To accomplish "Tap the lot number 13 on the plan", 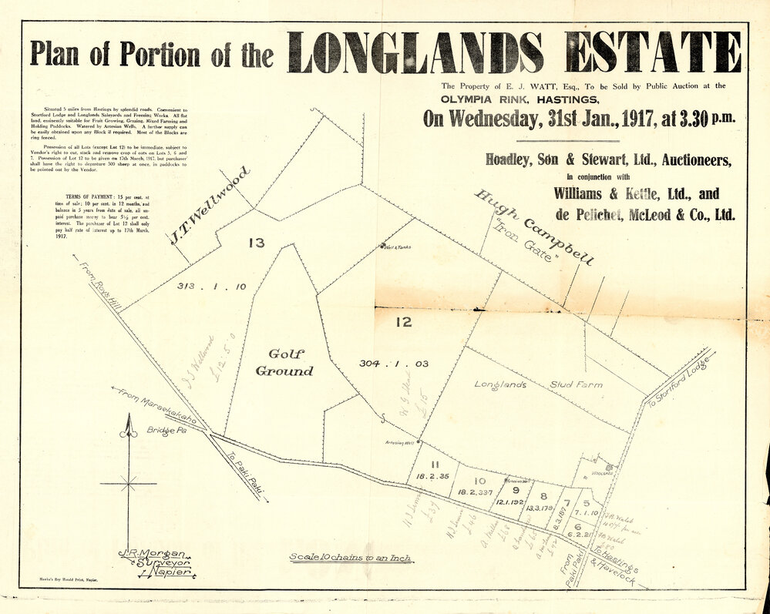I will (257, 243).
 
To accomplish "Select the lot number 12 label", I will (404, 322).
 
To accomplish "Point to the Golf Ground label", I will (284, 362).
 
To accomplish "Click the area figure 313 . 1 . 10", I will (211, 287).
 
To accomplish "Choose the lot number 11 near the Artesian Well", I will (435, 464).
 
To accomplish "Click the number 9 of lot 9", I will (516, 490).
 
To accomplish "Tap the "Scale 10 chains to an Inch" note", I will (351, 557).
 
